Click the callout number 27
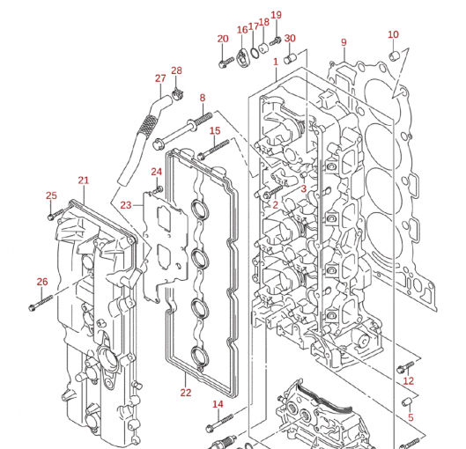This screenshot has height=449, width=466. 160,78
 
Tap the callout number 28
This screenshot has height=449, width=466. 176,70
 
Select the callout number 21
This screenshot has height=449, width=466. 83,180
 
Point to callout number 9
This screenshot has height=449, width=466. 344,42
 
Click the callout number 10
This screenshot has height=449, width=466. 393,34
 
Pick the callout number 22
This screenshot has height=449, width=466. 185,392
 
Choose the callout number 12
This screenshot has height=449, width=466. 409,381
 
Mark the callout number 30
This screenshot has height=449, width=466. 290,38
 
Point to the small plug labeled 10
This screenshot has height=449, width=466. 394,57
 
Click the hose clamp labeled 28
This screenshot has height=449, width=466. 176,90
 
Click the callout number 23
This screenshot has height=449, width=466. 126,204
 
